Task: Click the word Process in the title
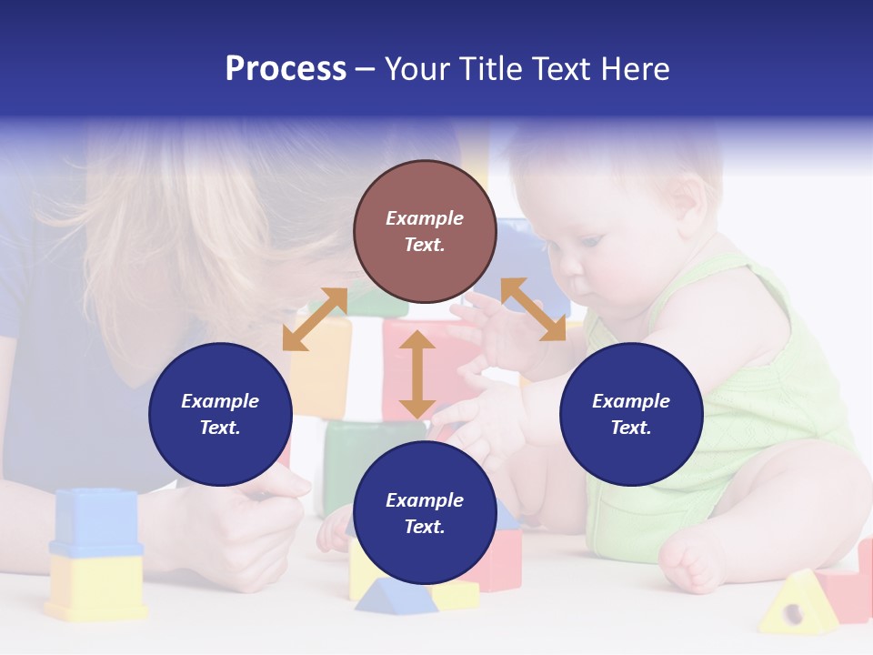coord(286,69)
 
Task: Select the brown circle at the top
coord(425,231)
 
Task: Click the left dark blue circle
coord(220,414)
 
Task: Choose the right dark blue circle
coord(631,414)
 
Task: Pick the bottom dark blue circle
coord(425,513)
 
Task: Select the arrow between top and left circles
coord(315,319)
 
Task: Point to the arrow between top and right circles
coord(533,309)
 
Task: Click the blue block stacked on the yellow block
coord(95,521)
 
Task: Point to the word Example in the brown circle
coord(425,218)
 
